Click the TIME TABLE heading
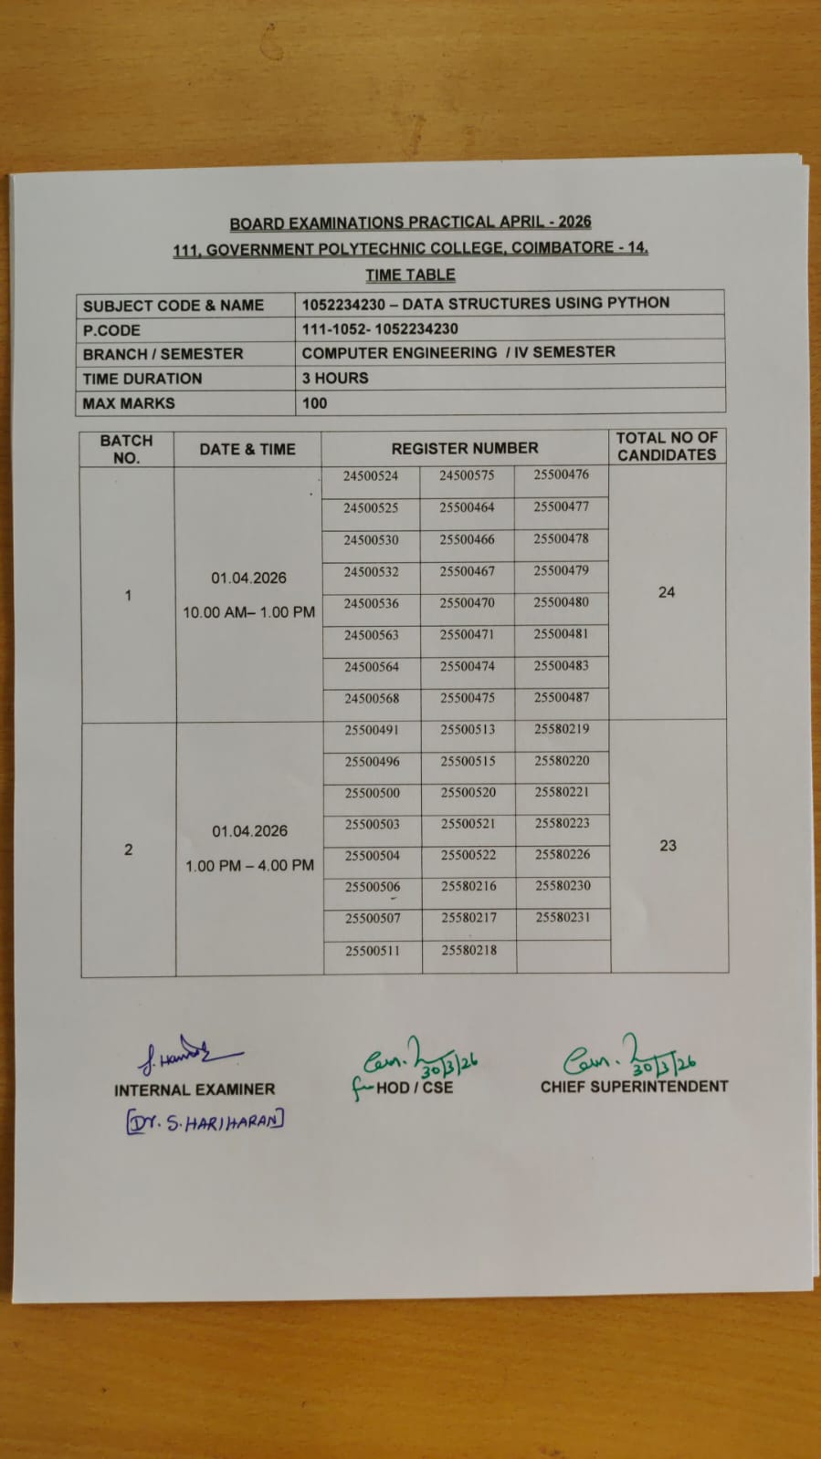tap(410, 275)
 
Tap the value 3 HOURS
tap(335, 378)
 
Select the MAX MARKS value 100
tap(314, 402)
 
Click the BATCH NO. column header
tap(126, 449)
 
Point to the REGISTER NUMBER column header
tap(464, 448)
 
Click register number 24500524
tap(371, 475)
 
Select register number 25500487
tap(561, 697)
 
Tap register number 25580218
tap(468, 950)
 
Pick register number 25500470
tap(467, 603)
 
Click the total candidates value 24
tap(667, 592)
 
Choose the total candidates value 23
tap(668, 846)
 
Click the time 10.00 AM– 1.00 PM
tap(248, 612)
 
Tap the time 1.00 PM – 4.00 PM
tap(249, 865)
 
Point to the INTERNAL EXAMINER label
tap(194, 1089)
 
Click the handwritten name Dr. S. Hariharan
tap(205, 1121)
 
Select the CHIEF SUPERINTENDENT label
tap(634, 1087)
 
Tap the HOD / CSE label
tap(414, 1088)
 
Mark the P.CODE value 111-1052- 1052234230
tap(380, 328)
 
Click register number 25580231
tap(563, 917)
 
